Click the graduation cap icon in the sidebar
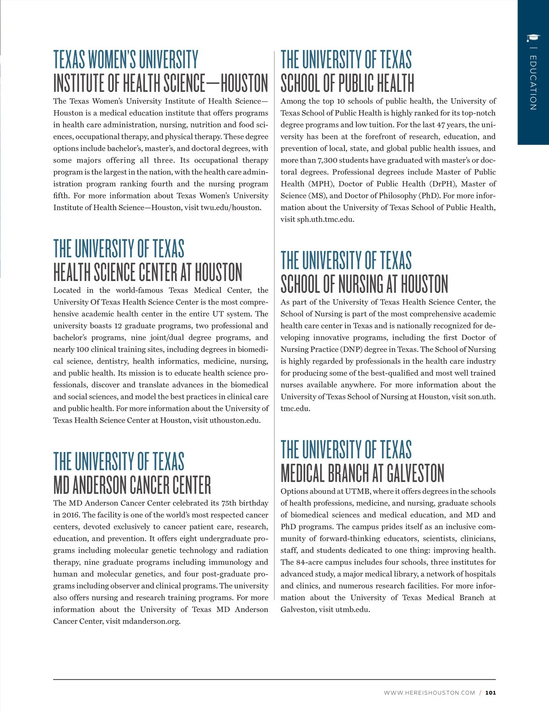pyautogui.click(x=533, y=38)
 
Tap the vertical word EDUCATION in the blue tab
pyautogui.click(x=533, y=83)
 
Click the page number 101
pyautogui.click(x=490, y=693)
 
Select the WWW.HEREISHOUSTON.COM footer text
pyautogui.click(x=429, y=693)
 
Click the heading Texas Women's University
pyautogui.click(x=126, y=59)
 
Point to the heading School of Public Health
pyautogui.click(x=347, y=83)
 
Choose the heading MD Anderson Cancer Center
pyautogui.click(x=132, y=485)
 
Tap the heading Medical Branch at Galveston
pyautogui.click(x=362, y=473)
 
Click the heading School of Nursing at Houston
pyautogui.click(x=364, y=284)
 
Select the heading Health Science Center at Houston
pyautogui.click(x=148, y=272)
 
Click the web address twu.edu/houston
pyautogui.click(x=231, y=207)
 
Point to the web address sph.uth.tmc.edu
pyautogui.click(x=325, y=219)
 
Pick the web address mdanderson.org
pyautogui.click(x=151, y=622)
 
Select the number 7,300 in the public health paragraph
pyautogui.click(x=328, y=160)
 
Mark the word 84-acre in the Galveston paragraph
pyautogui.click(x=309, y=562)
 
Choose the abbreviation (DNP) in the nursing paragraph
pyautogui.click(x=350, y=350)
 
